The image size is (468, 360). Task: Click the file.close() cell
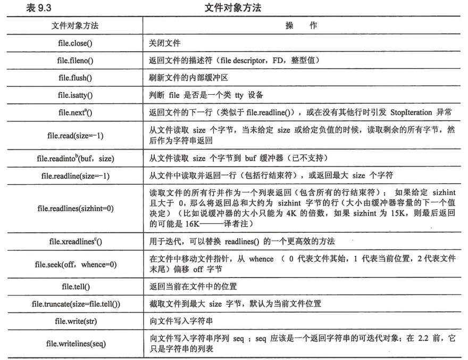tap(75, 43)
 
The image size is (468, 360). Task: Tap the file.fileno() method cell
tap(75, 60)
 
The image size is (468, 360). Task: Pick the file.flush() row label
tap(75, 78)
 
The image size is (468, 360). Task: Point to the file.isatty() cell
tap(75, 95)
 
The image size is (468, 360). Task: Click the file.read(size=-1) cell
tap(75, 135)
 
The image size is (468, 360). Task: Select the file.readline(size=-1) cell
tap(75, 175)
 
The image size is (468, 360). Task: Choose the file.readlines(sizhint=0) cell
tap(75, 208)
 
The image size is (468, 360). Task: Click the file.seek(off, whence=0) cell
tap(75, 264)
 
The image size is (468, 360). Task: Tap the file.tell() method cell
tap(75, 287)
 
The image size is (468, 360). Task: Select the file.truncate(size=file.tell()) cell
tap(75, 304)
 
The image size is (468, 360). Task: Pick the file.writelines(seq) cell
tap(75, 343)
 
